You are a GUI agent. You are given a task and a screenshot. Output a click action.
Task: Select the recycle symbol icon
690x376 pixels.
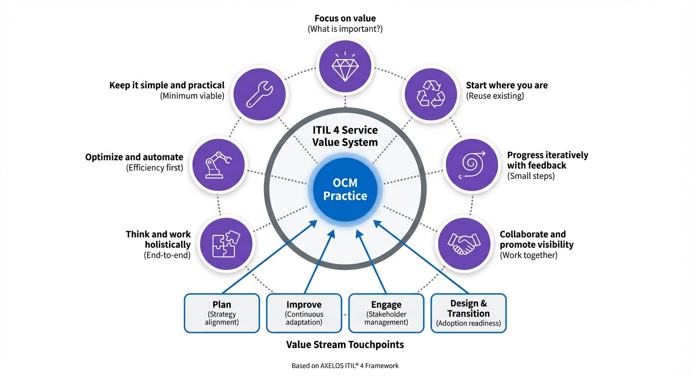pyautogui.click(x=430, y=93)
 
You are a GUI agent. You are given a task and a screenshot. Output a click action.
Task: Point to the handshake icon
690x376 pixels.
pyautogui.click(x=464, y=243)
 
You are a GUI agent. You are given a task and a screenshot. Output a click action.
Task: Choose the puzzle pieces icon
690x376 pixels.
pyautogui.click(x=226, y=243)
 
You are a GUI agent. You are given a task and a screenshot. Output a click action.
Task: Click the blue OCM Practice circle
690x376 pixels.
pyautogui.click(x=345, y=189)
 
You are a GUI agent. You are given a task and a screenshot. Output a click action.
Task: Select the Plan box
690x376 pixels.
pyautogui.click(x=222, y=313)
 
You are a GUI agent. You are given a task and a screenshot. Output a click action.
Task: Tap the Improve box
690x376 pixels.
pyautogui.click(x=304, y=313)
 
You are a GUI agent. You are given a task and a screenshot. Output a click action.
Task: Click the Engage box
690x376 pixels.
pyautogui.click(x=386, y=313)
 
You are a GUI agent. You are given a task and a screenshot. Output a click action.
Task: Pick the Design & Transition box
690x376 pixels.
pyautogui.click(x=468, y=313)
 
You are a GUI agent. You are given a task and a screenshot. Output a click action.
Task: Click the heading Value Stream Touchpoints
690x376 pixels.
pyautogui.click(x=345, y=345)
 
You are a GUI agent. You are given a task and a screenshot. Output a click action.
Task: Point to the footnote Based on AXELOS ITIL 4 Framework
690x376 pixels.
pyautogui.click(x=345, y=366)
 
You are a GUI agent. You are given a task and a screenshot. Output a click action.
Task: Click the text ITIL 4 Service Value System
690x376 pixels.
pyautogui.click(x=345, y=136)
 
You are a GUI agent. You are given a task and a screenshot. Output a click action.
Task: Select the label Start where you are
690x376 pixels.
pyautogui.click(x=507, y=85)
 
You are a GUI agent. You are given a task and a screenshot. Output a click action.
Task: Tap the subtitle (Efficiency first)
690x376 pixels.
pyautogui.click(x=154, y=168)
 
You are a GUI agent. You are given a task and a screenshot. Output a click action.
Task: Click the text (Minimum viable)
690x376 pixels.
pyautogui.click(x=192, y=96)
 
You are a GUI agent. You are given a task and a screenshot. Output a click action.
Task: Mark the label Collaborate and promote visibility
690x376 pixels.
pyautogui.click(x=536, y=239)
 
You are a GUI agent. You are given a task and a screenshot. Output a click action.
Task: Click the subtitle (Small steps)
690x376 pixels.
pyautogui.click(x=531, y=176)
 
